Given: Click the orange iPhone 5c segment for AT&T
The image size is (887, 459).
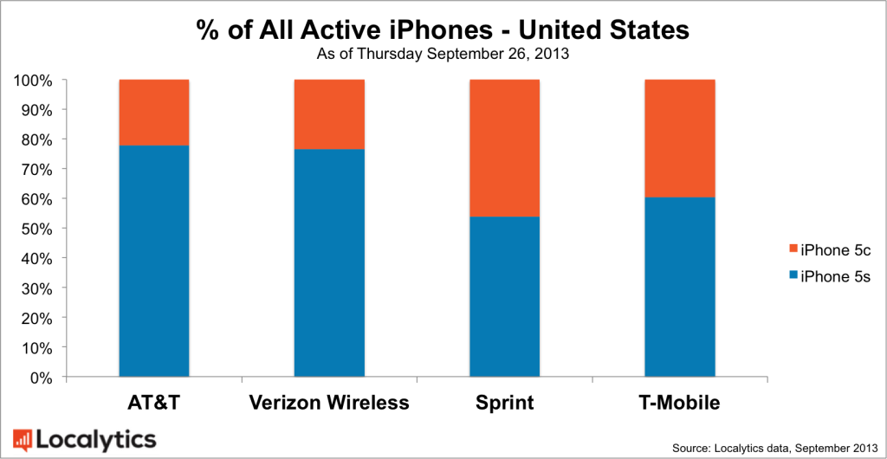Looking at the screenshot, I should [154, 113].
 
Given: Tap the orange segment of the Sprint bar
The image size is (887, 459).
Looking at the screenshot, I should [504, 148].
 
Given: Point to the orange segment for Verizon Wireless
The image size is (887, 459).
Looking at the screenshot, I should [329, 114].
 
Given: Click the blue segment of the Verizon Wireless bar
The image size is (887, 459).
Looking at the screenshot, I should [329, 263].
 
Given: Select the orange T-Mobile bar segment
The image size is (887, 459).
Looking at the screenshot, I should [679, 139].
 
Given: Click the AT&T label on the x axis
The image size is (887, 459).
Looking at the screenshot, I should [154, 404].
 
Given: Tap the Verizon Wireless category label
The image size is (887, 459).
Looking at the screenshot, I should [328, 404].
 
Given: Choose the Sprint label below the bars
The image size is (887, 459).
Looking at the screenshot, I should [504, 404].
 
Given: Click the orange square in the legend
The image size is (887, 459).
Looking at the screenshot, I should [790, 251].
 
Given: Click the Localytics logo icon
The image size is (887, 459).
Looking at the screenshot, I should [22, 438].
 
